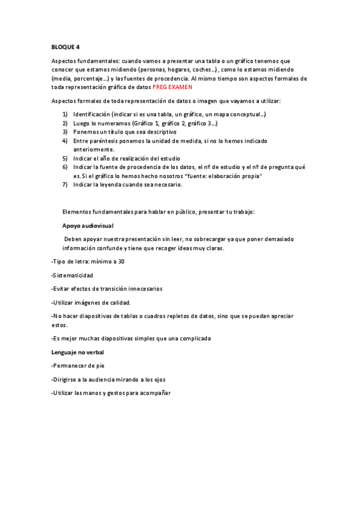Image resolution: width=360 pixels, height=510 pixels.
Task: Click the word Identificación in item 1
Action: point(92,114)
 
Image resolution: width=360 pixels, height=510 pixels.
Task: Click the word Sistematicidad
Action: point(73,275)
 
